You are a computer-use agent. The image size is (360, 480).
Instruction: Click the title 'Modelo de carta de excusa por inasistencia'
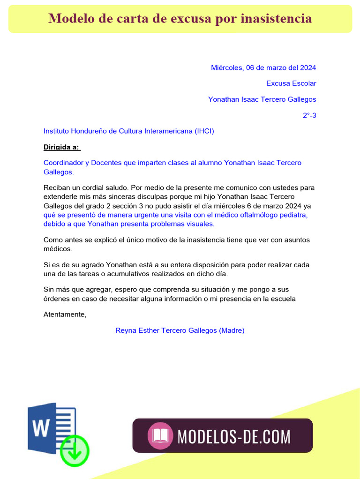180,19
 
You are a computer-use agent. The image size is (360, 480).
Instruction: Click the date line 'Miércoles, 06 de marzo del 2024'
263,67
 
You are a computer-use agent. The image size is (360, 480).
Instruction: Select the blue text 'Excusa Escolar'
291,83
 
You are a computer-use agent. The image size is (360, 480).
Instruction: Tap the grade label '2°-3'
309,115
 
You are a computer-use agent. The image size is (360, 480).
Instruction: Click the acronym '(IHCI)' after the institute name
204,131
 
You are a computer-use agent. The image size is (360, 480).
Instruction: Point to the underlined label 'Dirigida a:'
62,147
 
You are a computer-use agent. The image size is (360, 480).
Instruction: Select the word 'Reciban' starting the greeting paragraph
56,187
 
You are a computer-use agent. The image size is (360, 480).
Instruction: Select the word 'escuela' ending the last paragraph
283,299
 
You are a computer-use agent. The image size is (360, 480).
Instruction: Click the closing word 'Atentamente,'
65,315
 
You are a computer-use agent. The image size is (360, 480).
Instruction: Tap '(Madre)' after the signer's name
232,330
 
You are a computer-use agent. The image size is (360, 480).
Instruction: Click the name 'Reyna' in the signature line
126,330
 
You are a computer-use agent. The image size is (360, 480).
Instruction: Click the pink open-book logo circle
160,436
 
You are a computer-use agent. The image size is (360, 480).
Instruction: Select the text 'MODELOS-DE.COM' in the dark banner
234,436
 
